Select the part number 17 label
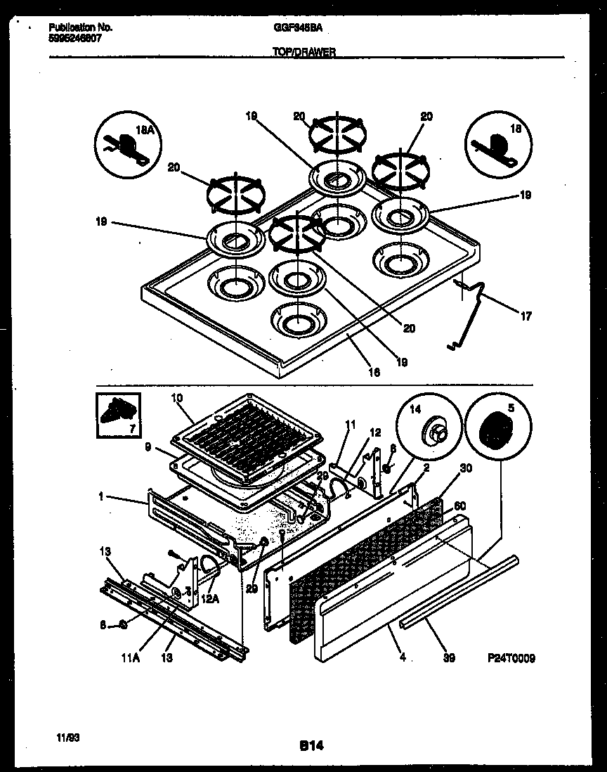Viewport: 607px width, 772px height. click(x=525, y=316)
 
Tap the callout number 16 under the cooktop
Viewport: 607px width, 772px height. click(x=374, y=373)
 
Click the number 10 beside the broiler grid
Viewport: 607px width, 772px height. click(x=177, y=398)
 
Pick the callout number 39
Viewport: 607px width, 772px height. click(x=449, y=658)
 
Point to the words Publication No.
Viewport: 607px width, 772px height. click(x=80, y=27)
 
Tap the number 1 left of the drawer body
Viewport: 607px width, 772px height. click(x=103, y=496)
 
